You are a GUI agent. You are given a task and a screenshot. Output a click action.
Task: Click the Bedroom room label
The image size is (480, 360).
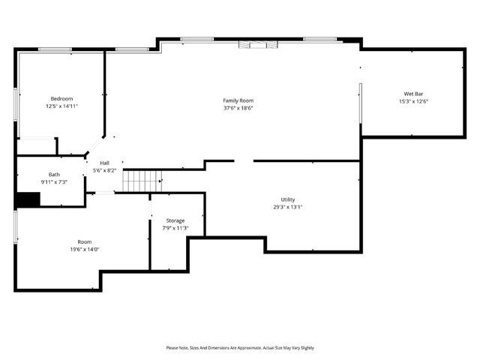[x=61, y=99]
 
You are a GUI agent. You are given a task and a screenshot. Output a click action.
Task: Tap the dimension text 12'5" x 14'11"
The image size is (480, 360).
[x=61, y=106]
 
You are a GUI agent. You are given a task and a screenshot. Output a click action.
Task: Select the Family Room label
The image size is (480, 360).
[x=238, y=100]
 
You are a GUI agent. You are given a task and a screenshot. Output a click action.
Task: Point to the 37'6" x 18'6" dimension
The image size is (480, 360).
[x=238, y=108]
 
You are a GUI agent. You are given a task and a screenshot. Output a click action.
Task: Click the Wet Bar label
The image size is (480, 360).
[x=413, y=94]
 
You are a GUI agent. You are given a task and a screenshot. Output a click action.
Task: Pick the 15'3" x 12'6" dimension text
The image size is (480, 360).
[x=413, y=101]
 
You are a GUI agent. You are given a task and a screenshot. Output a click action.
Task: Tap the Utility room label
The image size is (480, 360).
[x=288, y=199]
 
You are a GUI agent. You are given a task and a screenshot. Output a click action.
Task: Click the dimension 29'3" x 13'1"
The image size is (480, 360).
[x=288, y=207]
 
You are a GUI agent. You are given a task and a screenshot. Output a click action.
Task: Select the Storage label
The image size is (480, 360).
[x=175, y=220]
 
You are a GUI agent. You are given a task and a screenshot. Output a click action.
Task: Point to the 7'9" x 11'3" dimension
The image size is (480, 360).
[x=175, y=228]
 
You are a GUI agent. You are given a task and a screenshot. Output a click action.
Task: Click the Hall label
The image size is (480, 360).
[x=104, y=163]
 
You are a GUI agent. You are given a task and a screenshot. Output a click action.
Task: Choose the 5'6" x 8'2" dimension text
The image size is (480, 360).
[x=104, y=170]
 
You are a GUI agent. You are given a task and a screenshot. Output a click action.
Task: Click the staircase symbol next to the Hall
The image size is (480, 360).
[x=142, y=180]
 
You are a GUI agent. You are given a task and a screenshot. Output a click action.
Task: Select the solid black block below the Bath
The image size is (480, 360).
[x=28, y=199]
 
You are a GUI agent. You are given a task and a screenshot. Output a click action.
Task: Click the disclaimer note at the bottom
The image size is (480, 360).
[x=240, y=348]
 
